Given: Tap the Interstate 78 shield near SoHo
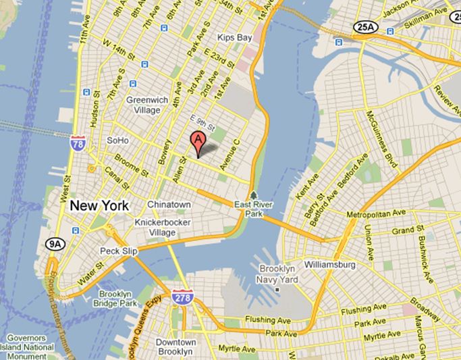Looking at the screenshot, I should coord(77,143).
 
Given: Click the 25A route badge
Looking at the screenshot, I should coord(362,27).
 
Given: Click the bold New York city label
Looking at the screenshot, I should coord(99,205).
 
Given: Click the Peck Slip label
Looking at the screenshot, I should coord(119,251).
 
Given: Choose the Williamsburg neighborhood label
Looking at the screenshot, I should coord(329,265).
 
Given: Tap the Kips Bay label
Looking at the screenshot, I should coord(235,38).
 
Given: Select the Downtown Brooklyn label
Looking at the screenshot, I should coord(175,347).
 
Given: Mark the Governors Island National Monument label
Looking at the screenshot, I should coord(28,346).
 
